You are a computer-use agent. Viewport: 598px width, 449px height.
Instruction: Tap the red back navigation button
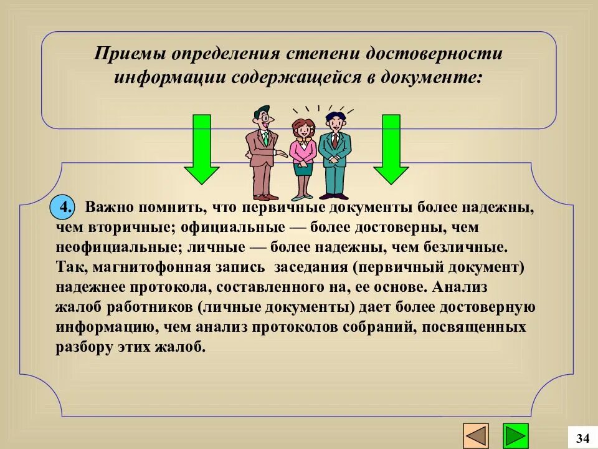(x=477, y=435)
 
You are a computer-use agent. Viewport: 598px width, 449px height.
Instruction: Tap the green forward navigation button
(x=516, y=435)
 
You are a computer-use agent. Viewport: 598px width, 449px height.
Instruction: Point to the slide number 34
(x=582, y=438)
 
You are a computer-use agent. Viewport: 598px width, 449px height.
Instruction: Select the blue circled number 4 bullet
(x=63, y=206)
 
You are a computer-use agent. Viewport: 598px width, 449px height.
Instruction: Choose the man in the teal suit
(x=335, y=153)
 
